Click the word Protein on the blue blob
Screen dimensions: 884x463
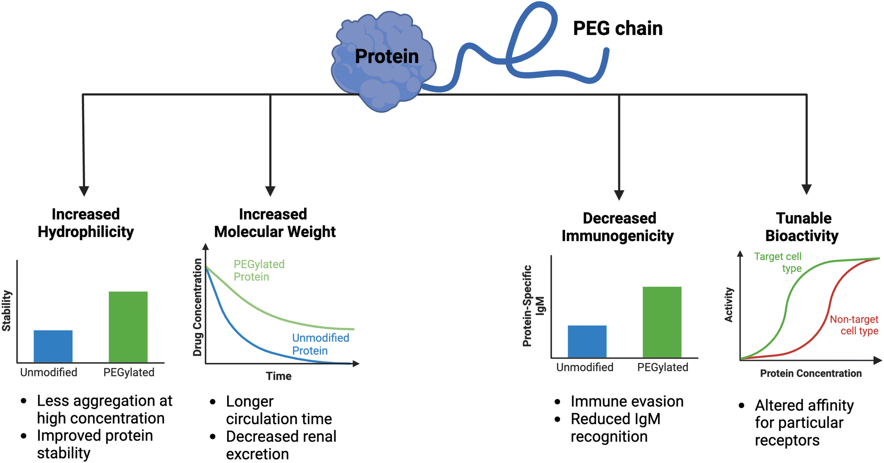click(387, 56)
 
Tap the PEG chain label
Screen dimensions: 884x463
click(618, 28)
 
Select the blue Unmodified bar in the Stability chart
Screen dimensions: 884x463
click(53, 346)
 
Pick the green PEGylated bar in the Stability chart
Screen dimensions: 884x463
click(128, 327)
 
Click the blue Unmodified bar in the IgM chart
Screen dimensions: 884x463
click(587, 342)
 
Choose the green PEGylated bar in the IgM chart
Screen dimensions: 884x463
click(662, 322)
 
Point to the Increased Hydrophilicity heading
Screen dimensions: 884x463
click(86, 223)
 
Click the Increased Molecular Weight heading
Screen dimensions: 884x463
click(274, 223)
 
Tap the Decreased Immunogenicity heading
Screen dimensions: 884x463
click(618, 227)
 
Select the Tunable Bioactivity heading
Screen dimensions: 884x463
click(802, 227)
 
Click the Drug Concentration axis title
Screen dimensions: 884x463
click(197, 307)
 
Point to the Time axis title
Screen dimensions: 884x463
click(278, 376)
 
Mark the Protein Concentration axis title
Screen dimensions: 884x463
click(811, 373)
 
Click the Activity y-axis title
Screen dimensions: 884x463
click(729, 305)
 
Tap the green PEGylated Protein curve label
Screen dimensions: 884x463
click(259, 270)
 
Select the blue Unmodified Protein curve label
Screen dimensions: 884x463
click(320, 344)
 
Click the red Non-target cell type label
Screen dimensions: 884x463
click(854, 325)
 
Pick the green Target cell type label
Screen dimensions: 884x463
click(778, 262)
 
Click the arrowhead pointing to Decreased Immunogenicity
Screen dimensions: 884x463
click(619, 195)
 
